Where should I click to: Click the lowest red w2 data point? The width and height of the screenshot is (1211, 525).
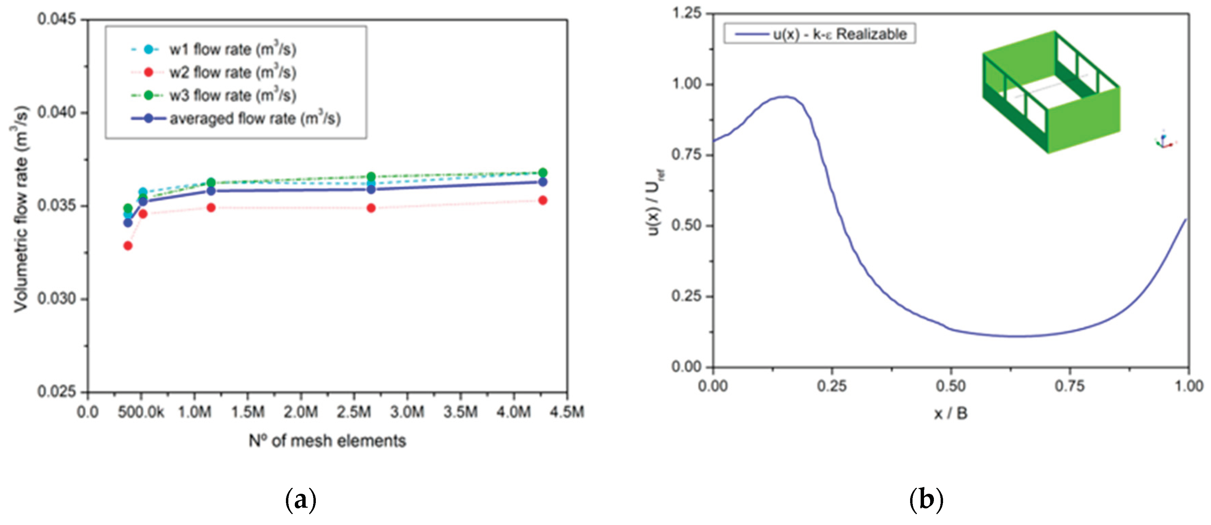click(x=127, y=246)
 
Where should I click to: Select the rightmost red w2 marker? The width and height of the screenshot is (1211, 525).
click(x=543, y=201)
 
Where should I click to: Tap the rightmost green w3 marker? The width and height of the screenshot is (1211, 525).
click(x=543, y=172)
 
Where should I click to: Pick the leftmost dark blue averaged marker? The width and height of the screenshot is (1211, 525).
click(x=127, y=223)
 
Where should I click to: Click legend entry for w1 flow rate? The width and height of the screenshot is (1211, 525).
click(x=232, y=49)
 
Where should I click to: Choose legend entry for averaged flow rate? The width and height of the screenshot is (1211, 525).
click(x=254, y=118)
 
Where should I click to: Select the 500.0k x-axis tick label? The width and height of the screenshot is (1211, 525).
click(x=141, y=412)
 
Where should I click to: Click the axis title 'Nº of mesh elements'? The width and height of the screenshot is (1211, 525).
click(x=327, y=441)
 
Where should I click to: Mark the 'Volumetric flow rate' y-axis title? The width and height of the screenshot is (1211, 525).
click(x=20, y=209)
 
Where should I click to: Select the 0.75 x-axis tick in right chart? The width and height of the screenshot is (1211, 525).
click(x=1069, y=386)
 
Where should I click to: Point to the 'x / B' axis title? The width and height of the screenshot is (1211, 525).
click(x=951, y=414)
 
